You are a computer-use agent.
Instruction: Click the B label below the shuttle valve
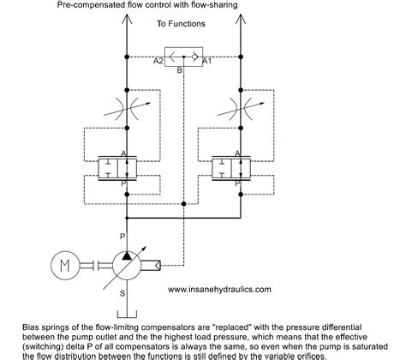[x=178, y=72]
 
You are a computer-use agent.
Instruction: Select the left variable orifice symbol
[x=126, y=111]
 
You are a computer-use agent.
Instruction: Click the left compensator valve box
[x=126, y=166]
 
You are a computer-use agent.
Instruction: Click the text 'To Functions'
[x=180, y=24]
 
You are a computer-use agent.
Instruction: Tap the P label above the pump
[x=122, y=234]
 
